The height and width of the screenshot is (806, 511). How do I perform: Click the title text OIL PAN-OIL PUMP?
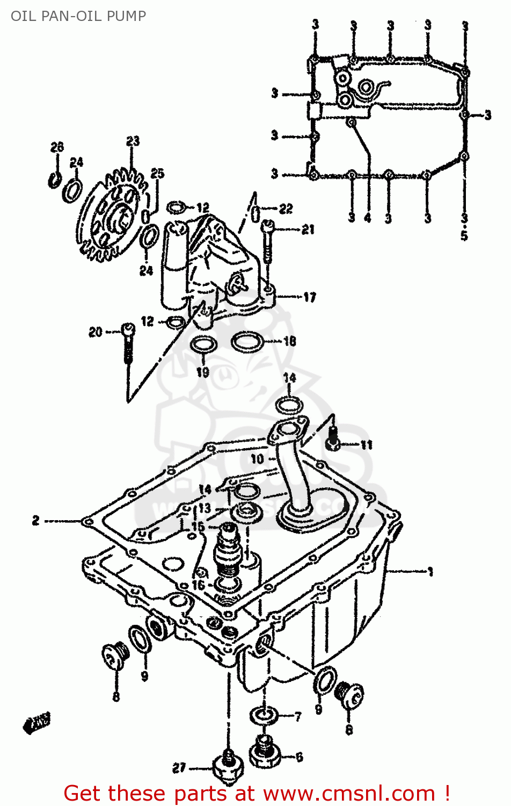pyautogui.click(x=78, y=16)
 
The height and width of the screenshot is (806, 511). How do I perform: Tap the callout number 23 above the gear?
pyautogui.click(x=133, y=141)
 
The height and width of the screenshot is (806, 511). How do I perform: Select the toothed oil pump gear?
pyautogui.click(x=113, y=215)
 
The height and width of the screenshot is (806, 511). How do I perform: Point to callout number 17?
pyautogui.click(x=310, y=297)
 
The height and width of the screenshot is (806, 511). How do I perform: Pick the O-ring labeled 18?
pyautogui.click(x=247, y=341)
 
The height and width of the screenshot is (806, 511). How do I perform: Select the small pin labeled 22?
pyautogui.click(x=256, y=212)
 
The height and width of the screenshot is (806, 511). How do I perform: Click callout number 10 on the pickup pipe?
pyautogui.click(x=257, y=459)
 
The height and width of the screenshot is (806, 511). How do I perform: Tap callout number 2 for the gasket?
pyautogui.click(x=35, y=520)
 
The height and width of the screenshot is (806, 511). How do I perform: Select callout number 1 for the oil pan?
pyautogui.click(x=430, y=572)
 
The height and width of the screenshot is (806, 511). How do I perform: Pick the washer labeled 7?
pyautogui.click(x=264, y=715)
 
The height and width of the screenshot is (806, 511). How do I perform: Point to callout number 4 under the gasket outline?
pyautogui.click(x=368, y=218)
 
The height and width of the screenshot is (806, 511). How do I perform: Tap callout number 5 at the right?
pyautogui.click(x=464, y=235)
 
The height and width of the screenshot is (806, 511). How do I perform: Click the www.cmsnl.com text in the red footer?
pyautogui.click(x=348, y=793)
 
